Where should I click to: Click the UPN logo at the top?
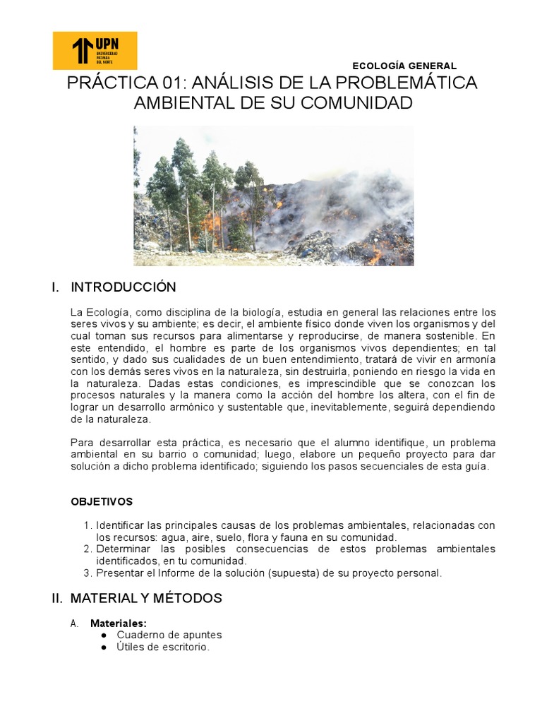pos(95,50)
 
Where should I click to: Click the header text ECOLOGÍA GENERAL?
pos(404,66)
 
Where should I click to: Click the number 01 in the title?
pos(167,83)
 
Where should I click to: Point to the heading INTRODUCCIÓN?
pos(124,287)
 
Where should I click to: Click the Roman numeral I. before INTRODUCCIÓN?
pos(55,287)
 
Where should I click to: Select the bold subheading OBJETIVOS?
pos(102,501)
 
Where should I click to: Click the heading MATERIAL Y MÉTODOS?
pos(146,598)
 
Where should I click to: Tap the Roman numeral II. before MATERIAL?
pos(57,598)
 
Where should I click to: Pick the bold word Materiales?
pos(119,623)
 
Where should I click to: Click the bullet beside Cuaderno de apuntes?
pos(104,635)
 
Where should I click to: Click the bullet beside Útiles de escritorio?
pos(104,647)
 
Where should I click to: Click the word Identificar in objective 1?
pos(119,525)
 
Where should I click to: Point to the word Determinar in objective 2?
pos(122,549)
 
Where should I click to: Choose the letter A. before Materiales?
pos(74,623)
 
